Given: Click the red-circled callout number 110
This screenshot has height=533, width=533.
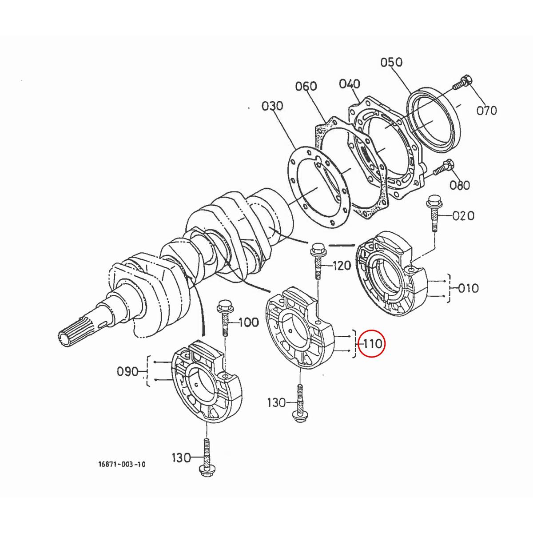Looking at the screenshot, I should (x=372, y=343).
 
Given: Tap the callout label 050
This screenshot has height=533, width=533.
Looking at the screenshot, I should (x=391, y=62).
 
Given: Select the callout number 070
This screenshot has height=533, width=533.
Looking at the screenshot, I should (x=486, y=110).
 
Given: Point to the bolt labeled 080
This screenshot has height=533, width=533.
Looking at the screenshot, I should (x=442, y=169).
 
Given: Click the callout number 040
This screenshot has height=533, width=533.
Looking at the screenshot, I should (x=350, y=84).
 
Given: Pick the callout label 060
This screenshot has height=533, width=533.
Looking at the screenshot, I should (x=306, y=86).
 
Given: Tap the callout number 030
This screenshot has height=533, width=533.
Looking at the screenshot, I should (x=272, y=106).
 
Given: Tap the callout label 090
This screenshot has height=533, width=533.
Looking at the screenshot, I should (x=128, y=371).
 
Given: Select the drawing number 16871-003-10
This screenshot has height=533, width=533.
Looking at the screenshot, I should (x=122, y=465).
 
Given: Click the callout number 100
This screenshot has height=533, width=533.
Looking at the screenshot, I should (x=249, y=322).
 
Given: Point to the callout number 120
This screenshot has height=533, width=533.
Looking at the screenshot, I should (x=342, y=266).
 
